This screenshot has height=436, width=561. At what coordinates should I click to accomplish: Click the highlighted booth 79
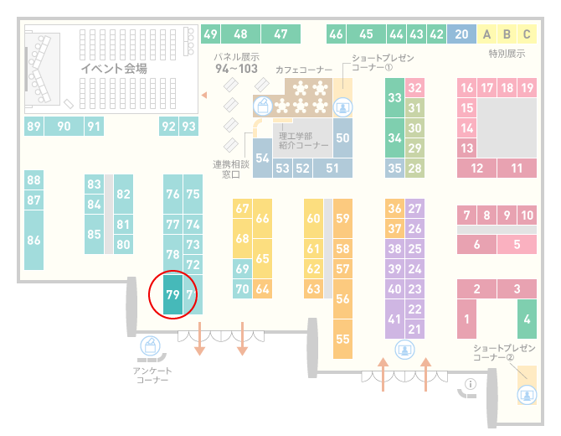tap(172, 294)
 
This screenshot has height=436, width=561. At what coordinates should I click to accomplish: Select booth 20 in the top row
tap(461, 34)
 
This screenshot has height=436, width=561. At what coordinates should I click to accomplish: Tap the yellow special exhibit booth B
tap(507, 34)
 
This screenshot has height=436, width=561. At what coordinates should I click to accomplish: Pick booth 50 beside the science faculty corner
tap(342, 138)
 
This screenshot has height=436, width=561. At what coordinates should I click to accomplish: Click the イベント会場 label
tap(114, 68)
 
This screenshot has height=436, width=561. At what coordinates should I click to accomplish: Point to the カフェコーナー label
tap(304, 70)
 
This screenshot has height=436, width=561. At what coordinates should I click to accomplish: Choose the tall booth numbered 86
tap(33, 240)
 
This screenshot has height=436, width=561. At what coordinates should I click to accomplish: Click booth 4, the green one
tap(527, 319)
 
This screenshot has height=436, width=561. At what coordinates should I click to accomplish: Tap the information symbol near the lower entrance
tap(471, 384)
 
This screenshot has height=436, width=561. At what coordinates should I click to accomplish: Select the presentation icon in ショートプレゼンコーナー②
tap(527, 395)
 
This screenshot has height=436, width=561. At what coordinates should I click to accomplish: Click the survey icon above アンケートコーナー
tap(150, 345)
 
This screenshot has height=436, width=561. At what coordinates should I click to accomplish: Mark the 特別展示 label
tap(507, 54)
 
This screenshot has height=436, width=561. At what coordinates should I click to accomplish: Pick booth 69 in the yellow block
tap(242, 268)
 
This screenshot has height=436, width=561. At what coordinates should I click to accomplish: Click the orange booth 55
tap(342, 339)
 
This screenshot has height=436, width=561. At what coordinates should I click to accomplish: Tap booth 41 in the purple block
tap(394, 319)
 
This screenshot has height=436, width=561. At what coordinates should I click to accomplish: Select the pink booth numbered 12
tap(476, 168)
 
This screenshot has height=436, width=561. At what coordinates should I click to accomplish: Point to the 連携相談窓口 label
tap(231, 169)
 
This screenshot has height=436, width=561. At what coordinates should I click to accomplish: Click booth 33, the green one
tap(394, 98)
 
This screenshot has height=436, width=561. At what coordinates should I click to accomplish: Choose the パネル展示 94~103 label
tap(236, 63)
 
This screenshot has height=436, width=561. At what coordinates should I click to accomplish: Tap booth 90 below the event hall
tap(64, 126)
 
